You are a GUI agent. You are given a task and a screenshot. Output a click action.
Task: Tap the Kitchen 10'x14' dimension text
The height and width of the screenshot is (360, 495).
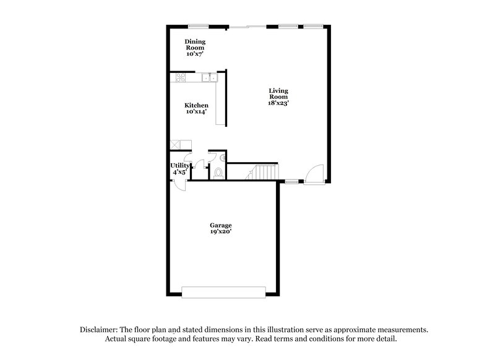coord(197,113)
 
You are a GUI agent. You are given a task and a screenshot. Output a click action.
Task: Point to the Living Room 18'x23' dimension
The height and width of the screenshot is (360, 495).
coord(278,103)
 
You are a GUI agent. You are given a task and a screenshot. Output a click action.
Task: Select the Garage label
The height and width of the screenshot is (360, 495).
coord(220,225)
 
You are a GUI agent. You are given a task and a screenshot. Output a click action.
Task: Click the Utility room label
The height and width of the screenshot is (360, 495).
coord(180,165)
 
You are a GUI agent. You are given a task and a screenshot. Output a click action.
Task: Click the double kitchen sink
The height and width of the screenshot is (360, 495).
coord(211,78)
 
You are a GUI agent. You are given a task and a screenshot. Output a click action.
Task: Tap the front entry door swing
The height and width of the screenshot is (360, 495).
coord(316,173)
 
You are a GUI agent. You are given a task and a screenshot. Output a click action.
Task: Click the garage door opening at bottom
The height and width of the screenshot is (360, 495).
coord(224,291)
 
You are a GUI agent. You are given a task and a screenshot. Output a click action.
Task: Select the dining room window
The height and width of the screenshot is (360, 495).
coord(198,26)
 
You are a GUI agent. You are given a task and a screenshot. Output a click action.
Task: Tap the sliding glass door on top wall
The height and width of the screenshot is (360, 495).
coord(246,26)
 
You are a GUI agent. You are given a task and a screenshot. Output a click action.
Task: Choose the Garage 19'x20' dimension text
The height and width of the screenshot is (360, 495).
coord(220,233)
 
